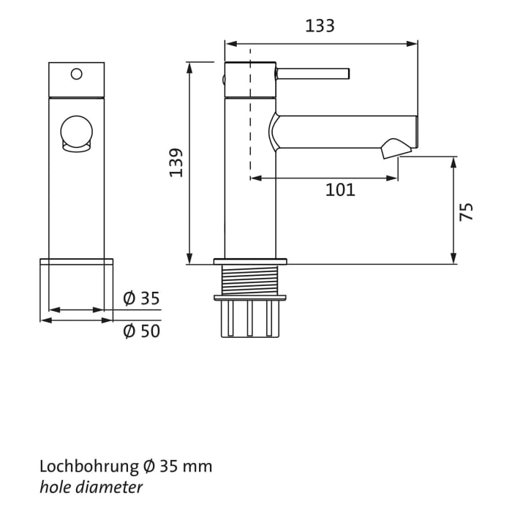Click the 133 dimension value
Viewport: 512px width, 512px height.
320,26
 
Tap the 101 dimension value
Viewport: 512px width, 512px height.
340,190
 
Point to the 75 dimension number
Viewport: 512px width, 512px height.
466,211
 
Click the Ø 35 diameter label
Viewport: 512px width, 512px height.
141,298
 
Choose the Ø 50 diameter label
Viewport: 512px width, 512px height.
141,331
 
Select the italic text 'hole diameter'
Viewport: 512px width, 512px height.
91,486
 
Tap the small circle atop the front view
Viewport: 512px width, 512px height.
76,73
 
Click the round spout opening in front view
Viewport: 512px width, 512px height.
76,132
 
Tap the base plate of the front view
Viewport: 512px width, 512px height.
77,263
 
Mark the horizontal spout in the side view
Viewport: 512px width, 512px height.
344,132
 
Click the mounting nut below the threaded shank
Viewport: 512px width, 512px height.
249,297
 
